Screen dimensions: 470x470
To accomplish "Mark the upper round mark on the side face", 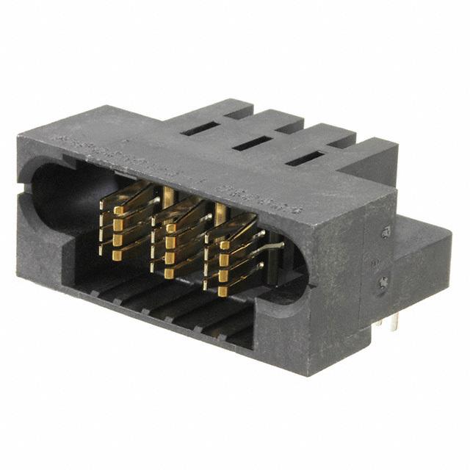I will tap(386, 233).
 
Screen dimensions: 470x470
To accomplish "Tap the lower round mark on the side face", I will tap(383, 282).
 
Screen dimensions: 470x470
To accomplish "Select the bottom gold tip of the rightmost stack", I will tap(222, 292).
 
